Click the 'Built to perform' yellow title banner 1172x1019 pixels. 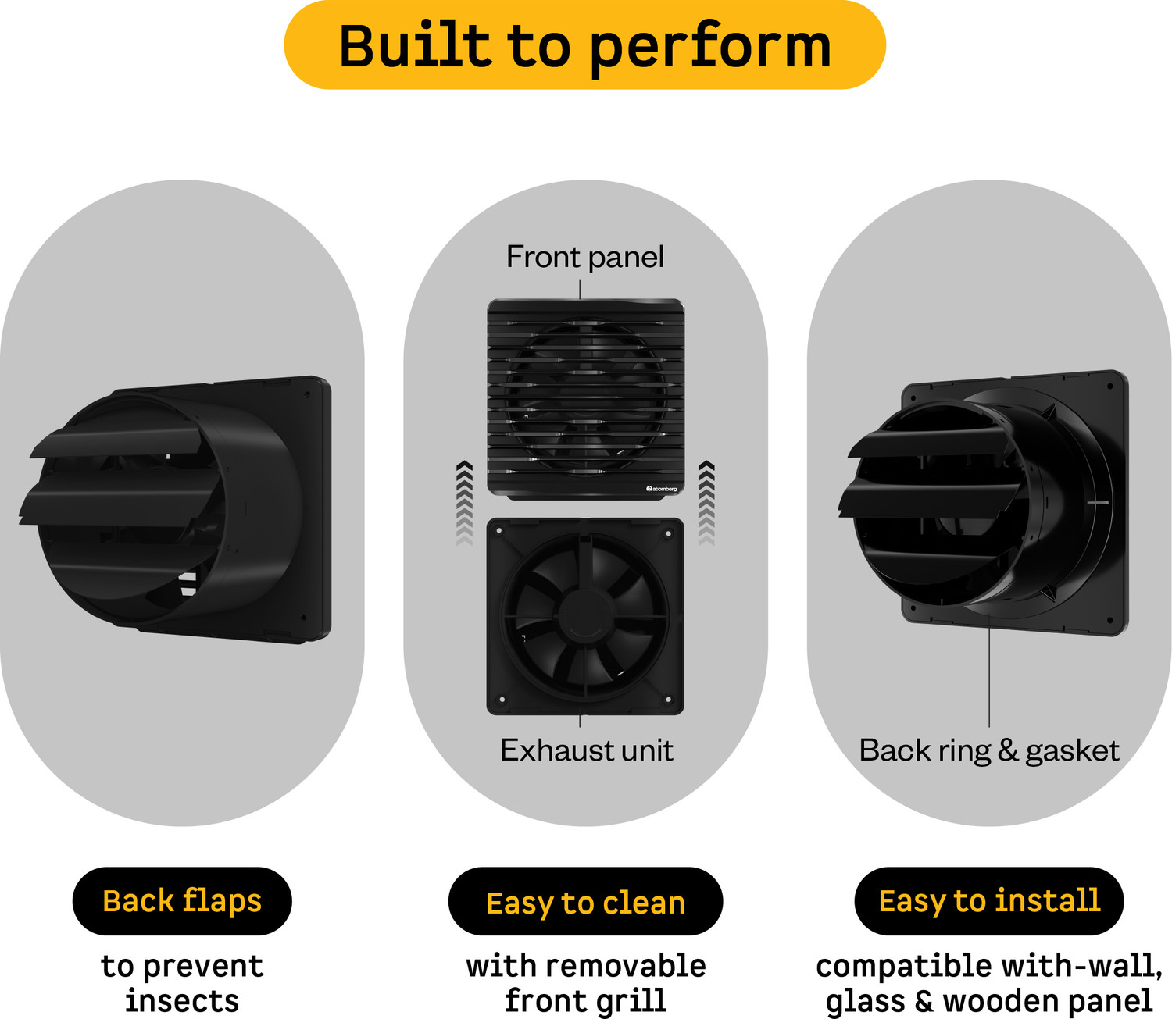585,45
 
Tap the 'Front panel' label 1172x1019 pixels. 585,256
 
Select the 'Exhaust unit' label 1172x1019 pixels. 587,750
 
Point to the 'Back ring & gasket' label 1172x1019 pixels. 988,750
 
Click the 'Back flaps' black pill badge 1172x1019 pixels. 182,901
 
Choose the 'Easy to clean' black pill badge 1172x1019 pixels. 585,901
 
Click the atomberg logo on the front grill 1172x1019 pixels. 662,489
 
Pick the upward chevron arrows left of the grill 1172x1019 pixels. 465,503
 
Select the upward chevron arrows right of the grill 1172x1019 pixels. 707,503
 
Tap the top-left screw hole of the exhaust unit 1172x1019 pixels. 499,531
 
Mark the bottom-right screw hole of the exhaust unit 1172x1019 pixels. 668,700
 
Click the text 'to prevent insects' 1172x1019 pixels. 182,983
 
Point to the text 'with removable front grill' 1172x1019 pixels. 585,983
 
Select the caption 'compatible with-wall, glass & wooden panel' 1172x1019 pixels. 988,983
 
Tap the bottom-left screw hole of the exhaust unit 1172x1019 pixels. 502,700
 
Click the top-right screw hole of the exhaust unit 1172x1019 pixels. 668,533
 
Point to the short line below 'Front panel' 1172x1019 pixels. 580,289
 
